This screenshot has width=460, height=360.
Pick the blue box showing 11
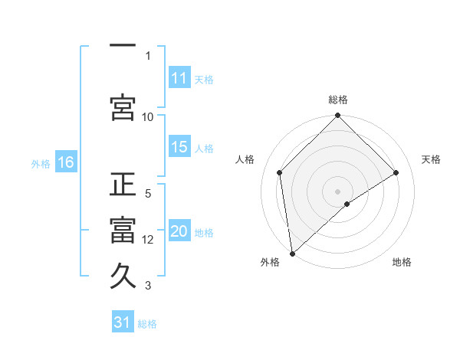point(179,78)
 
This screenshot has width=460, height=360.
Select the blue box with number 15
point(179,147)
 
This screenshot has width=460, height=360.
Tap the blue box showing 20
point(179,232)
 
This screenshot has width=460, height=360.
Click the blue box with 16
point(65,162)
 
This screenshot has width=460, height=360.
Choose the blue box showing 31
point(123,322)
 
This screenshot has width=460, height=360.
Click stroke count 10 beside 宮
point(148,116)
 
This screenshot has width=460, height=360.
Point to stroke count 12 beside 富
point(148,240)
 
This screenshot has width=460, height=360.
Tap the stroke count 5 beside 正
point(148,194)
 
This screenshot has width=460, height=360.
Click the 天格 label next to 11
point(204,79)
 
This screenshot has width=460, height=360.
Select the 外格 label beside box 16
point(41,163)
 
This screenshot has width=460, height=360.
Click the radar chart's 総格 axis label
point(338,100)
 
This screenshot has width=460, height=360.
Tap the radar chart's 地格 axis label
point(402,262)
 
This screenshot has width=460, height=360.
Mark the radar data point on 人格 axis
point(280,172)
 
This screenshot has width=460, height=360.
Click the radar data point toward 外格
point(292,254)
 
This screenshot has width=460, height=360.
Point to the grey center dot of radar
point(337,191)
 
